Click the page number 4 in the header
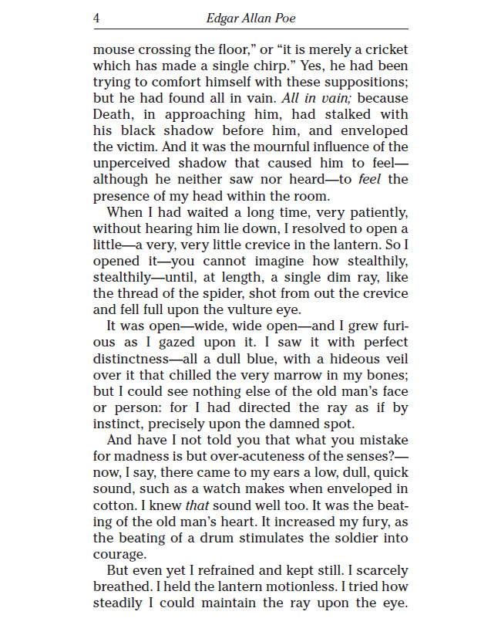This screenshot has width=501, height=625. (96, 18)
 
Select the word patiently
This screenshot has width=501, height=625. (372, 212)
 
